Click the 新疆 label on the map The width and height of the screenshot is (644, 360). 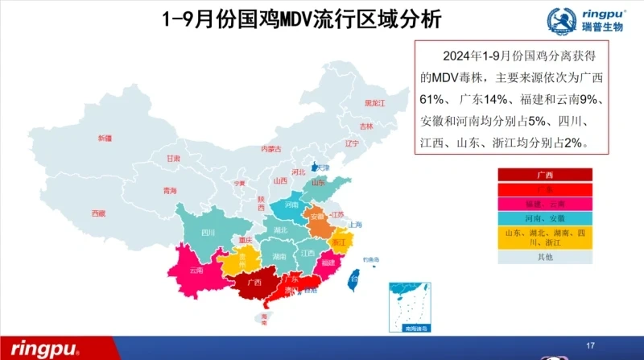[x=105, y=139]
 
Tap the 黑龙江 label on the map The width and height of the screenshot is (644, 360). [x=375, y=104]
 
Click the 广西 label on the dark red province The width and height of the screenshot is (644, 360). [x=254, y=283]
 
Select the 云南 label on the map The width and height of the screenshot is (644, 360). [x=196, y=271]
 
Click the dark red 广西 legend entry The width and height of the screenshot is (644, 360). [x=544, y=175]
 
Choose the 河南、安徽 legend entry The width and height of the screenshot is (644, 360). [x=544, y=218]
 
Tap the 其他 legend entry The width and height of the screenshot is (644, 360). [x=544, y=257]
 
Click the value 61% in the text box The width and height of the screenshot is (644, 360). [x=435, y=99]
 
